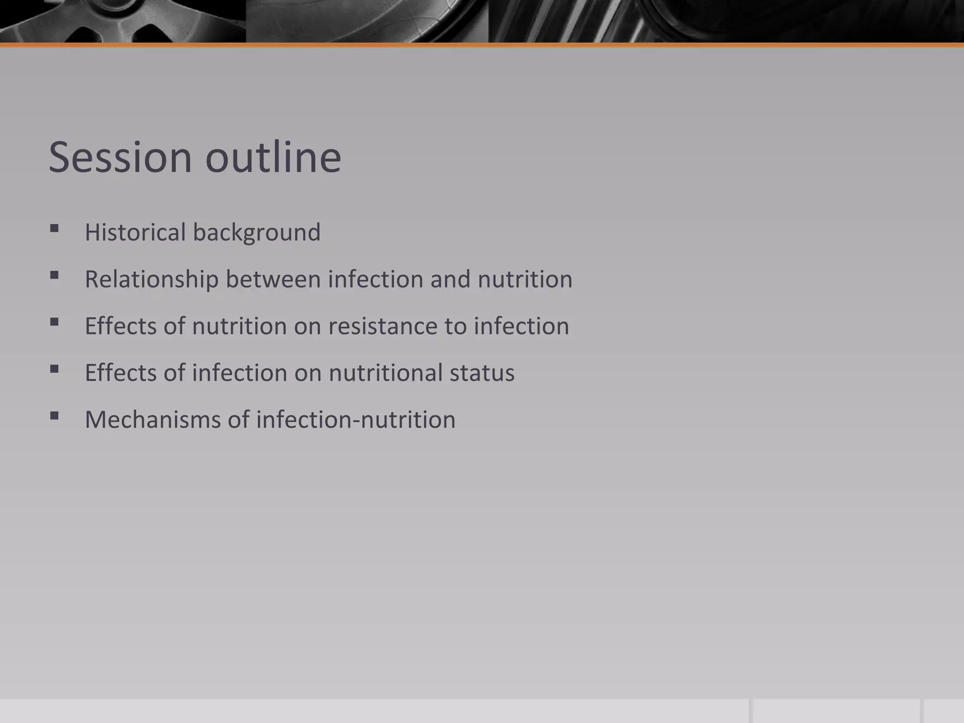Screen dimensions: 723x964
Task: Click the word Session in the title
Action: click(x=120, y=157)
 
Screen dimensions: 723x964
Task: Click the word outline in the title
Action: click(x=273, y=157)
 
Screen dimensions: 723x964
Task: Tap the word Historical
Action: click(x=135, y=232)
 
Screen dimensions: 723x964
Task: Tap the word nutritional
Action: click(x=386, y=373)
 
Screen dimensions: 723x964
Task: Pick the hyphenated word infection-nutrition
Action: click(x=355, y=419)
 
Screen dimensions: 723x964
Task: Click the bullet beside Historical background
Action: click(x=54, y=229)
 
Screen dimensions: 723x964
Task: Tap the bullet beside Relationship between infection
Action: click(x=54, y=276)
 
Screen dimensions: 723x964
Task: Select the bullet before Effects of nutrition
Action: click(x=54, y=322)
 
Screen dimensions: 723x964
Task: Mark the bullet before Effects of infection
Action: click(x=54, y=369)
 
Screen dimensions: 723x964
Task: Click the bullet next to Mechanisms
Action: click(x=54, y=416)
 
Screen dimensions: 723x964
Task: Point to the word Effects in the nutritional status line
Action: click(x=120, y=373)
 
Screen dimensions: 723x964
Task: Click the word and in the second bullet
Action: click(x=450, y=279)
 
